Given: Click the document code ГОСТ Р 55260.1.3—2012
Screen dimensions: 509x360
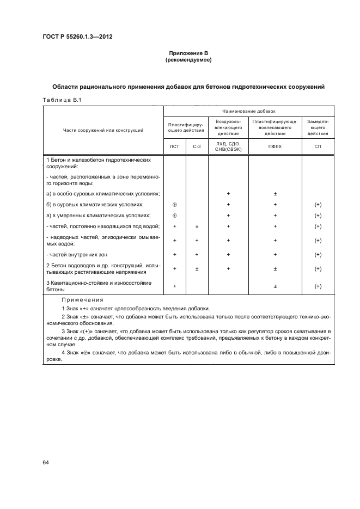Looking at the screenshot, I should pyautogui.click(x=78, y=37).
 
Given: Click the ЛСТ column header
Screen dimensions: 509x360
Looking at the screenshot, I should pyautogui.click(x=175, y=146).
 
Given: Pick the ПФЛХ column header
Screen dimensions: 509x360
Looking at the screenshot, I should pyautogui.click(x=275, y=146).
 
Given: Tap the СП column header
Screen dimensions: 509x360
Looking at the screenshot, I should pyautogui.click(x=318, y=146).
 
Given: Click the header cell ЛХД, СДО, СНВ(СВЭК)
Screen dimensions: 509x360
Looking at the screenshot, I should pyautogui.click(x=228, y=146).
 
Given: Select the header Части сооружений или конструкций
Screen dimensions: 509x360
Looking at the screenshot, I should pyautogui.click(x=103, y=130).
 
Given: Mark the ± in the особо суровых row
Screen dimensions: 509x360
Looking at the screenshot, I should pyautogui.click(x=275, y=194).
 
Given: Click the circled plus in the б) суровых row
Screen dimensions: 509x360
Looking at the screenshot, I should pyautogui.click(x=175, y=205).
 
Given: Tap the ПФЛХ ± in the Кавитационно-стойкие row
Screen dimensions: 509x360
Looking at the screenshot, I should pyautogui.click(x=275, y=286).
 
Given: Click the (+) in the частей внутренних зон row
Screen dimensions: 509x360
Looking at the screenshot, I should pyautogui.click(x=318, y=254).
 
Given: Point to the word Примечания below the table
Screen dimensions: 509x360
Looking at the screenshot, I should pyautogui.click(x=78, y=299).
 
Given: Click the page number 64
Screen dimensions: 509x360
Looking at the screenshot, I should pyautogui.click(x=46, y=462).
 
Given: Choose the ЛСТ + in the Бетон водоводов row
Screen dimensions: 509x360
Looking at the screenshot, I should pyautogui.click(x=175, y=268).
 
